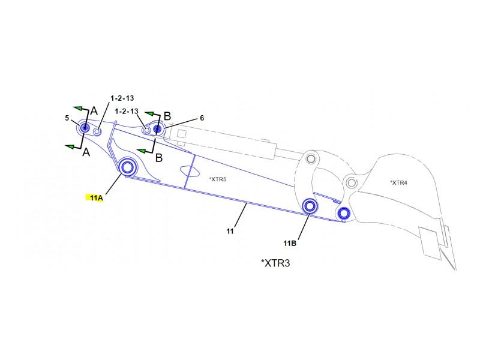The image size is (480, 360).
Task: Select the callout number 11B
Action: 290,244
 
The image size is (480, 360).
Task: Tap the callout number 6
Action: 202,118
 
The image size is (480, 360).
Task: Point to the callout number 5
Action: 67,118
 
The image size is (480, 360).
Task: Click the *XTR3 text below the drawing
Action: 275,263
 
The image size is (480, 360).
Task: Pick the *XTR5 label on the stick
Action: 218,179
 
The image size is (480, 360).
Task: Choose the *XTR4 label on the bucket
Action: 398,183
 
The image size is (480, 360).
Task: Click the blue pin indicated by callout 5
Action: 85,128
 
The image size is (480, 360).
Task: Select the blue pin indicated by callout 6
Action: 157,128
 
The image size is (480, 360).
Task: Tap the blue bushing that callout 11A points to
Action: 127,167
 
